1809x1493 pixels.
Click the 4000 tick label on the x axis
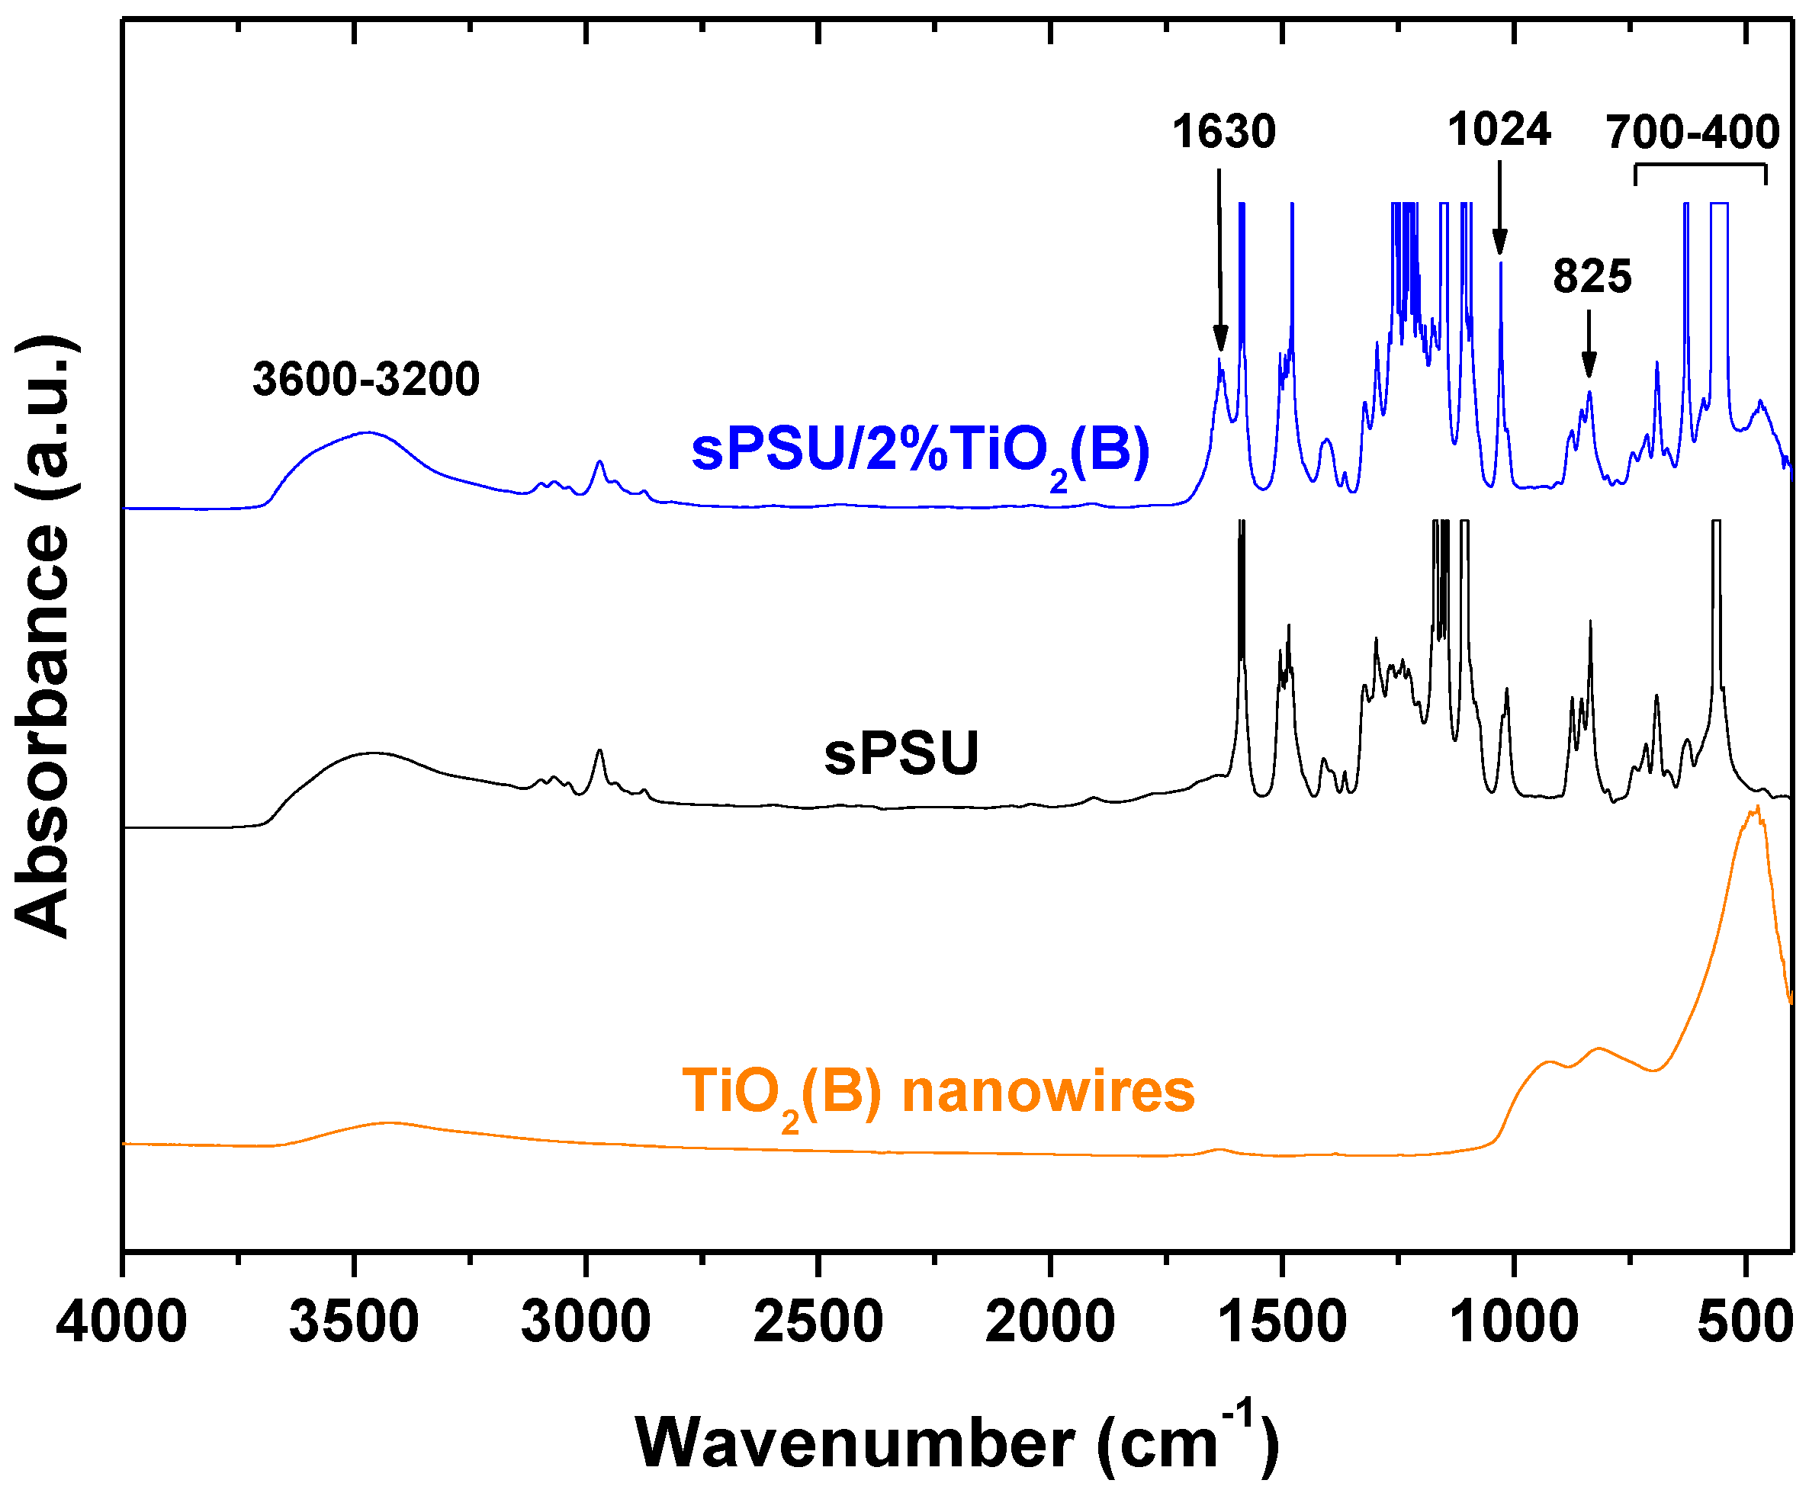tap(121, 1322)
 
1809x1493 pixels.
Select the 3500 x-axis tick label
tap(354, 1322)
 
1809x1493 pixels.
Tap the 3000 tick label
tap(586, 1322)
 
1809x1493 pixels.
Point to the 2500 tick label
tap(818, 1322)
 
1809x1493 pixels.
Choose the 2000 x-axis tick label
tap(1049, 1322)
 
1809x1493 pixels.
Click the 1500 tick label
tap(1282, 1322)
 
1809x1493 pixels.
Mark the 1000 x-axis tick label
tap(1514, 1322)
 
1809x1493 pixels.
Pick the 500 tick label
tap(1744, 1322)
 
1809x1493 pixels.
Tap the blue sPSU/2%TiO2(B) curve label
tap(921, 451)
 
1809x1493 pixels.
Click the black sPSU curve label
tap(901, 753)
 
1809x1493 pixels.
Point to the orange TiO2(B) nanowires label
tap(937, 1092)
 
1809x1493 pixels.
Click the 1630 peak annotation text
tap(1223, 133)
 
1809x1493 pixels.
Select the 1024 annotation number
tap(1499, 130)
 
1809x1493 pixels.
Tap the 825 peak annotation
tap(1592, 277)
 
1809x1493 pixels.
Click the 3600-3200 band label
tap(365, 379)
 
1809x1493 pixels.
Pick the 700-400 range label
tap(1692, 133)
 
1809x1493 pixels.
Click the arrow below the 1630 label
tap(1219, 258)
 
